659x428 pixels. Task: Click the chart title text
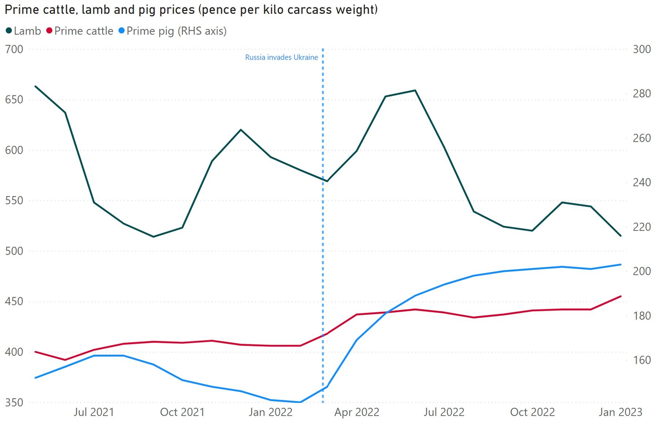191,10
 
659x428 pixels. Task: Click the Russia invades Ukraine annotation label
281,57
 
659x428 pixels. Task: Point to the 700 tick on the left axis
14,49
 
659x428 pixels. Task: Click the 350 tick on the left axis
14,402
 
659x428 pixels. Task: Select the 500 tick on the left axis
14,251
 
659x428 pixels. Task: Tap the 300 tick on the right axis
641,49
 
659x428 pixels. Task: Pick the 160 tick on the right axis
641,360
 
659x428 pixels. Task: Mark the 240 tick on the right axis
641,182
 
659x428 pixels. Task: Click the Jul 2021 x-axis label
94,412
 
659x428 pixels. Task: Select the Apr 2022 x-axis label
357,412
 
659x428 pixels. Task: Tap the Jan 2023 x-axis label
620,412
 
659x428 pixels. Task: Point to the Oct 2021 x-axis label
182,412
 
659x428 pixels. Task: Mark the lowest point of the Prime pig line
300,402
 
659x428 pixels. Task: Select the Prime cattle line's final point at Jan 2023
621,296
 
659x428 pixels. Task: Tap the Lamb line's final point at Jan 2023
621,236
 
